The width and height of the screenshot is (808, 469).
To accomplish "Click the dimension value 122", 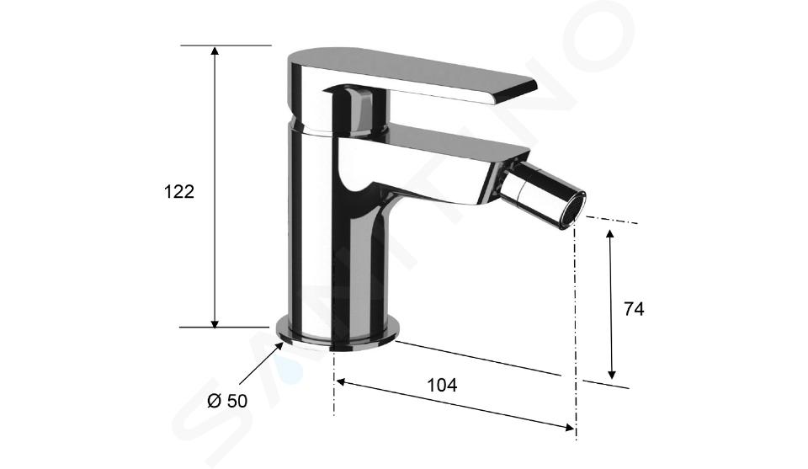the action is tap(178, 192).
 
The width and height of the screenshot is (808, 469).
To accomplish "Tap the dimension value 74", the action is tap(634, 309).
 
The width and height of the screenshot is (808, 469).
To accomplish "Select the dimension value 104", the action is tap(442, 385).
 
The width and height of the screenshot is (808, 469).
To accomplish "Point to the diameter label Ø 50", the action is tap(227, 401).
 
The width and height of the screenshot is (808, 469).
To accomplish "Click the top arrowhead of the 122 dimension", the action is tap(215, 51).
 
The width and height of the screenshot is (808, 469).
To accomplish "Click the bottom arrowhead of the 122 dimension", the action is tap(215, 322).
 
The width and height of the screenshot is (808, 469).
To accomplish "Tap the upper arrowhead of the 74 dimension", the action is tap(610, 234).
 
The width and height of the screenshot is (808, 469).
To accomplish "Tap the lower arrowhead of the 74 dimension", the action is tap(611, 374).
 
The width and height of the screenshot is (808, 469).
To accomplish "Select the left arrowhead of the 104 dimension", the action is tap(341, 382).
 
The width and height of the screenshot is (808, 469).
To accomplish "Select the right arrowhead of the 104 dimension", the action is tap(569, 427).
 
